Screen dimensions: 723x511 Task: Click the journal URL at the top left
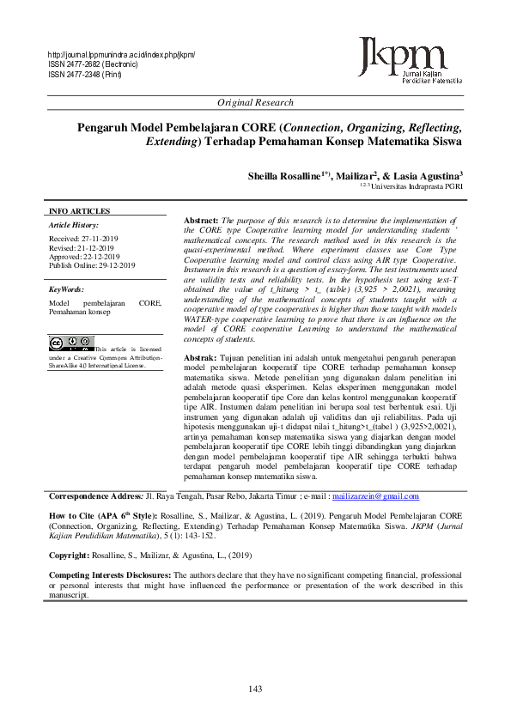[122, 55]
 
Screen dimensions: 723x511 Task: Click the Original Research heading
[255, 102]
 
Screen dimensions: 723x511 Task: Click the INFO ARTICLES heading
[79, 211]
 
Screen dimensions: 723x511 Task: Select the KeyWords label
[66, 289]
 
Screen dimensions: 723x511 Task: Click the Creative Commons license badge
[71, 344]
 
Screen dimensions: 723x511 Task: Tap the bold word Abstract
[202, 221]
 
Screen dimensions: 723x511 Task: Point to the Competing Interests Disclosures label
[110, 574]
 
